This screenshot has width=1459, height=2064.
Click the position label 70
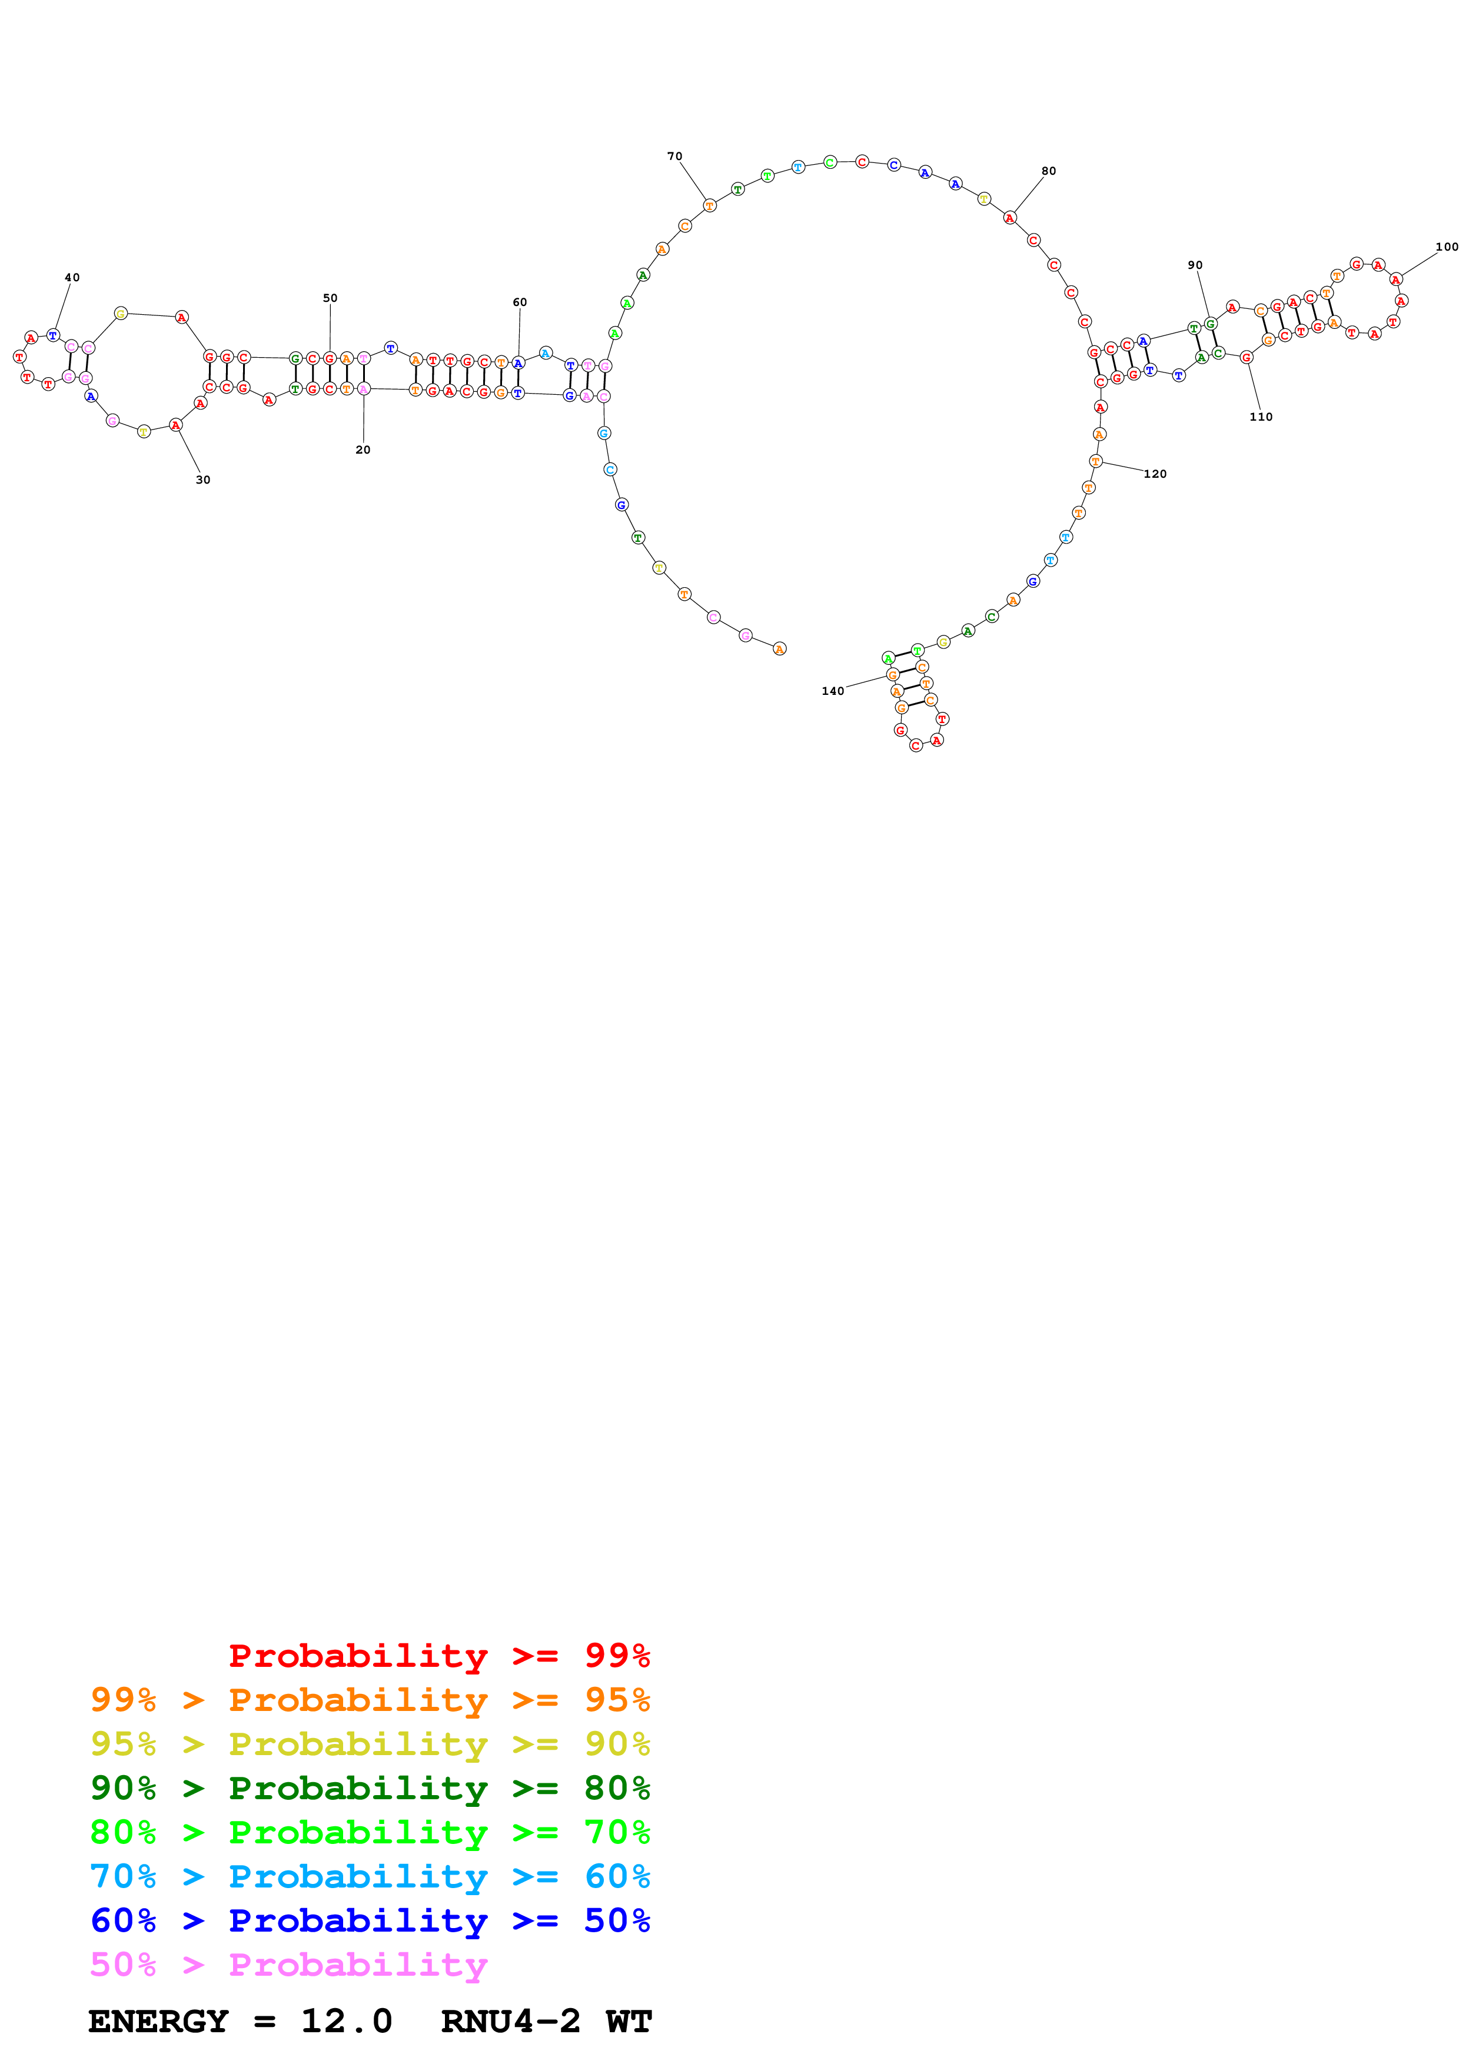[x=674, y=157]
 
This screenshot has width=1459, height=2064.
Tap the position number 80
[x=1048, y=171]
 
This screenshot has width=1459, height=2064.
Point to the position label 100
[x=1445, y=247]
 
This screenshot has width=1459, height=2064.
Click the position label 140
[x=832, y=691]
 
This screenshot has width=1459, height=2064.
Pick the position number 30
[x=203, y=480]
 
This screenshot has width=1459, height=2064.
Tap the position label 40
[x=72, y=278]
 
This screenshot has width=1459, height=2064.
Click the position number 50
[x=330, y=298]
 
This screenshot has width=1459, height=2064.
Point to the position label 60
[x=520, y=302]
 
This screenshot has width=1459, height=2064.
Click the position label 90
[x=1195, y=265]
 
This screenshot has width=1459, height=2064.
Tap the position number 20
[x=363, y=450]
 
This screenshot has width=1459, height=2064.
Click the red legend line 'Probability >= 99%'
[x=438, y=1656]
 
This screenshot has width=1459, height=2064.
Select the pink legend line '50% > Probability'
[x=288, y=1964]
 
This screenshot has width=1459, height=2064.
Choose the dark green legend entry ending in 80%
[x=370, y=1788]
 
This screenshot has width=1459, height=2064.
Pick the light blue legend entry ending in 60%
[x=370, y=1876]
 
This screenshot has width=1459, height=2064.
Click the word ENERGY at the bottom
[x=158, y=2022]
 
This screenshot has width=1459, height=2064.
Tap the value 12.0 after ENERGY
[x=346, y=2022]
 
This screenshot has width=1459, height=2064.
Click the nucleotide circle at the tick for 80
[x=1009, y=218]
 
